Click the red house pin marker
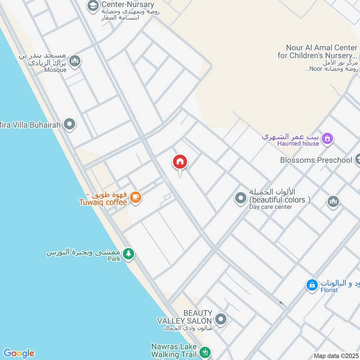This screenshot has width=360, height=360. pos(180,162)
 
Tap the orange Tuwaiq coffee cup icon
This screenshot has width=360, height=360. pos(135,197)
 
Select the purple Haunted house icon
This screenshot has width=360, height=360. pos(328,139)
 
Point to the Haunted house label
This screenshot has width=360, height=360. pos(298,144)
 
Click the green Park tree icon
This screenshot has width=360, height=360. pos(129,254)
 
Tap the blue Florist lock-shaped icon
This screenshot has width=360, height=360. pos(311,284)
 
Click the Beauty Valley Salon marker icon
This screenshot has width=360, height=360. pos(220,319)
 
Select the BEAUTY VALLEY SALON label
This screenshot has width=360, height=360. pos(184,317)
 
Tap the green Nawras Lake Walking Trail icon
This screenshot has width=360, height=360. pos(205,351)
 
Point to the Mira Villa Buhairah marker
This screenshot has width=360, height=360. pos(69,124)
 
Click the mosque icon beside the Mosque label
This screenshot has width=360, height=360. pos(74,60)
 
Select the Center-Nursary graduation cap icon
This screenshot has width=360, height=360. pos(93,5)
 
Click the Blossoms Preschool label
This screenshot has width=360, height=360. pos(316,160)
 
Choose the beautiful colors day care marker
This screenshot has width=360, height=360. pos(241,198)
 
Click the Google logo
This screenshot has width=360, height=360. pos(18,353)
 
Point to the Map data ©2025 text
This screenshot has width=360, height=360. pos(336,356)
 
